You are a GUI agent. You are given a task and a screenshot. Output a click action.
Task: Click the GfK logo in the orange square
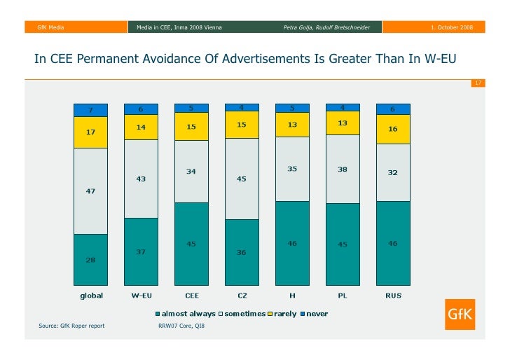[460, 316]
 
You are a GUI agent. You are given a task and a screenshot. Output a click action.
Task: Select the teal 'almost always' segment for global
[91, 259]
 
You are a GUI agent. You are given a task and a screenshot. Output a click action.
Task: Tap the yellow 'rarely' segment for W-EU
[141, 127]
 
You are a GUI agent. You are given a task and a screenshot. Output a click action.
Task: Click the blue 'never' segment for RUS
[393, 109]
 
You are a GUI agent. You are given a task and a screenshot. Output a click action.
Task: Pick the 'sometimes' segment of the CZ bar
[242, 179]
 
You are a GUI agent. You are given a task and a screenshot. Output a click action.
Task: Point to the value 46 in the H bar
[292, 243]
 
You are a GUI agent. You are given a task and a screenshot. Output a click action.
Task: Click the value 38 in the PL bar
[343, 169]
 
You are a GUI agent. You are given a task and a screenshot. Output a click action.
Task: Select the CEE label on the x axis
[191, 296]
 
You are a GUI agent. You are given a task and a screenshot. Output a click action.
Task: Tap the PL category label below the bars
[343, 296]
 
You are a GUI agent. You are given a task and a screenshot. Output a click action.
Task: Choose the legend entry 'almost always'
[186, 314]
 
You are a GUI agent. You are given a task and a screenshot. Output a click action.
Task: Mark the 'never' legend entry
[316, 314]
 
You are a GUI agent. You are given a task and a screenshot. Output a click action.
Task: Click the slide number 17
[478, 83]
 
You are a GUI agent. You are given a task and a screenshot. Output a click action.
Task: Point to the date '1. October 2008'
[451, 27]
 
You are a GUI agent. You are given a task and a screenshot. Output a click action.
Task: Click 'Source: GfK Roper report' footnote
[71, 326]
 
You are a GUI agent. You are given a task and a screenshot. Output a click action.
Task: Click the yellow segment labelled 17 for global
[91, 132]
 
